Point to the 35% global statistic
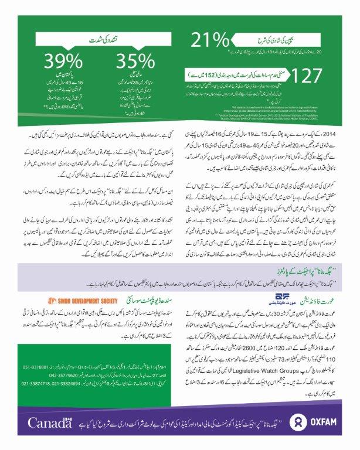[135, 62]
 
